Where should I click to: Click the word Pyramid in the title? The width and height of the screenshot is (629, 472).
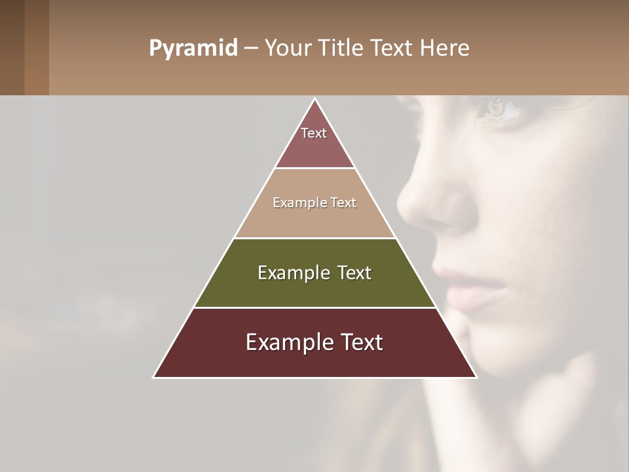pos(193,49)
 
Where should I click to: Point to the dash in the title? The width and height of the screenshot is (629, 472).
pos(250,49)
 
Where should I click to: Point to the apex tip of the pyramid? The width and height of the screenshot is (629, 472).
pos(315,100)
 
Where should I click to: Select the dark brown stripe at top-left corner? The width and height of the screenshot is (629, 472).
pos(12,47)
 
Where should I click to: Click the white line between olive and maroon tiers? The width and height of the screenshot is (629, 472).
pos(314,307)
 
